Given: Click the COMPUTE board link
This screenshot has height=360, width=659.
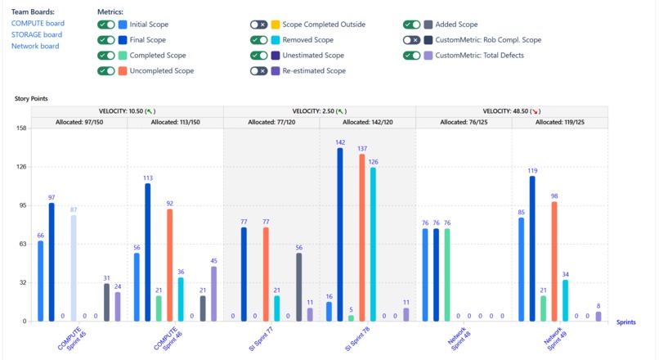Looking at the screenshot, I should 38,24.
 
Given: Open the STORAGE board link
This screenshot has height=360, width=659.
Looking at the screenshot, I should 37,35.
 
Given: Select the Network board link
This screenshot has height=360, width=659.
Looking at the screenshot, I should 35,47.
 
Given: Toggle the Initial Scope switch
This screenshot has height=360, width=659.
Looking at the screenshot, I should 105,25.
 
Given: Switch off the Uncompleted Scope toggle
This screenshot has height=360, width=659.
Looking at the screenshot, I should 105,70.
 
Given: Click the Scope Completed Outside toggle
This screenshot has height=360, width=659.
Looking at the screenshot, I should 258,25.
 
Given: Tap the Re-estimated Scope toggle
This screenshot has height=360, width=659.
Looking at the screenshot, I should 258,70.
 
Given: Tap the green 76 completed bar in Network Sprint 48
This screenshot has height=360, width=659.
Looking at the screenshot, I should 447,275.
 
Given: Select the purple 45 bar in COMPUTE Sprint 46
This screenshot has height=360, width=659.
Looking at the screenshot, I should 214,294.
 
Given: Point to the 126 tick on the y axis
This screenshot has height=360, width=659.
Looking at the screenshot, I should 21,167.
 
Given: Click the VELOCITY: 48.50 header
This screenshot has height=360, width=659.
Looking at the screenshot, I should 512,111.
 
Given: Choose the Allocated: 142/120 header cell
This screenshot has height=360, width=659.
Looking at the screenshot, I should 368,122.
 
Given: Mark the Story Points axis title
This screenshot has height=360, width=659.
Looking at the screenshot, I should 31,98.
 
